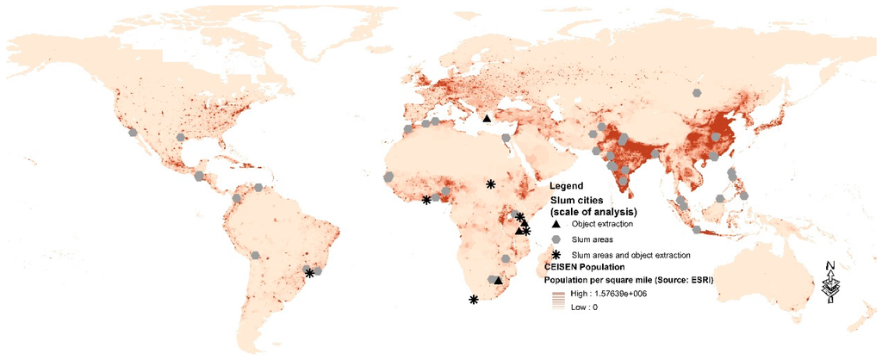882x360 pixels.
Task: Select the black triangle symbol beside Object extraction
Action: pos(556,222)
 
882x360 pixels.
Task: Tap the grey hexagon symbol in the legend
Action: pos(556,239)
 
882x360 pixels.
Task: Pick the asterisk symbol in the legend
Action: pos(556,254)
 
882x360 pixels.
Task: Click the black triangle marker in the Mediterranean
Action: pos(487,119)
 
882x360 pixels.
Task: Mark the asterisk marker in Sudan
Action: pos(490,183)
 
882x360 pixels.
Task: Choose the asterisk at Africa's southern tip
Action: pos(473,300)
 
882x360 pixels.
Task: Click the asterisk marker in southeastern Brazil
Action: pos(309,273)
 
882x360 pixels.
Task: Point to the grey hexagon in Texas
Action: pos(180,137)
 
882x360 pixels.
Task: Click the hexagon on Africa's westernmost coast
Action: pos(389,177)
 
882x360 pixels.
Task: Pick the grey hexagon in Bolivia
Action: pos(256,255)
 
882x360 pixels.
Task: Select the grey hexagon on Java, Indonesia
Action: pos(696,230)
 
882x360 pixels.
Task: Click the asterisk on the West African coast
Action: pos(426,200)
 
